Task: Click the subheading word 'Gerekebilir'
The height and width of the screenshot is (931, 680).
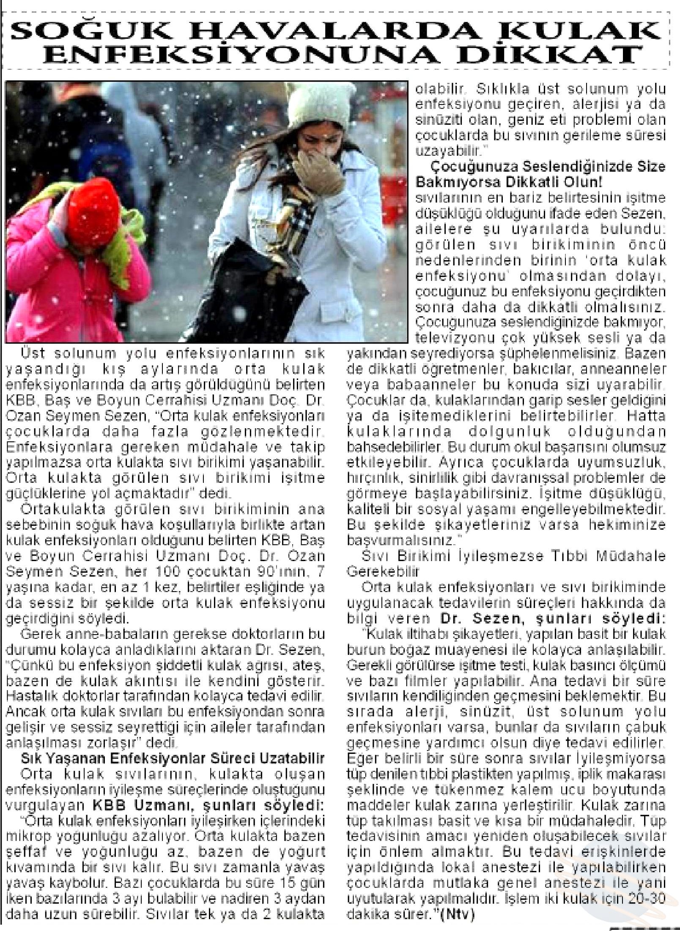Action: (x=382, y=572)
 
